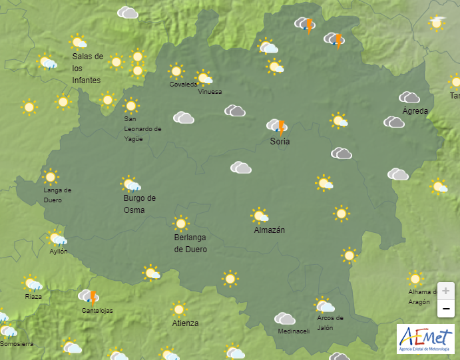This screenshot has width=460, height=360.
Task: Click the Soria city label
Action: (x=280, y=141)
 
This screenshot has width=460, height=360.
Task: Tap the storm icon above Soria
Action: (x=277, y=126)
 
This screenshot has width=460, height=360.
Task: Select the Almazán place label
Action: (x=270, y=230)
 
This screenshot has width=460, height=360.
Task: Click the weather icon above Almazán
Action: (x=260, y=216)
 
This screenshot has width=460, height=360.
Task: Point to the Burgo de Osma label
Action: (x=139, y=204)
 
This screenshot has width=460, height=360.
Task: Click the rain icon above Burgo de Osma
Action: (x=130, y=184)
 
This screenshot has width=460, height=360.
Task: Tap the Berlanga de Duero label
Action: (x=190, y=244)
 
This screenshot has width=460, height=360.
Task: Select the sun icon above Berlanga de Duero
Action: (x=180, y=224)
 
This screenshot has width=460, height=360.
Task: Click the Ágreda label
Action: (x=415, y=111)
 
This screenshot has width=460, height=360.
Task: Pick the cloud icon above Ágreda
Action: (x=409, y=98)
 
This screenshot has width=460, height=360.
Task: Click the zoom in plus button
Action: (x=445, y=291)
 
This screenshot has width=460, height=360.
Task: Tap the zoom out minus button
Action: (x=445, y=309)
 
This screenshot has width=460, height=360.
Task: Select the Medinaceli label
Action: (x=294, y=331)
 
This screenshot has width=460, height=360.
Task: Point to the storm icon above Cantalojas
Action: (x=89, y=297)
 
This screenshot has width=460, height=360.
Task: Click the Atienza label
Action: (x=185, y=323)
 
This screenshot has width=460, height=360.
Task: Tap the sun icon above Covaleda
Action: (x=176, y=71)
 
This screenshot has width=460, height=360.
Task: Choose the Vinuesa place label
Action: (x=210, y=92)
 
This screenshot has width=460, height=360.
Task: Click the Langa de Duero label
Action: (x=57, y=195)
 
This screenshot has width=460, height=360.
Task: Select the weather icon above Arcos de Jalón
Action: (x=324, y=305)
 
